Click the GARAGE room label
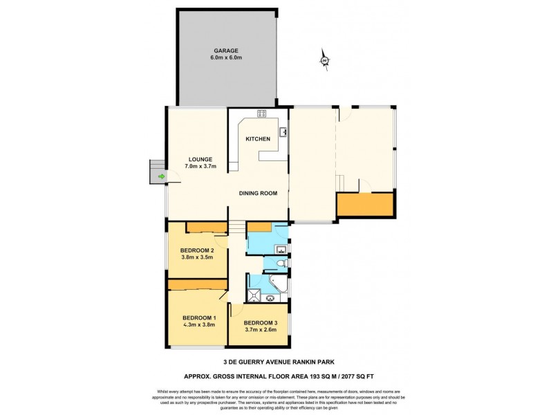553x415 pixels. (226, 50)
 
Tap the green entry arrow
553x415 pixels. (161, 177)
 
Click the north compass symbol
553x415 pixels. (324, 62)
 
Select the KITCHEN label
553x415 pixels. (258, 139)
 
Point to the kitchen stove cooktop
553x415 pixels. (262, 113)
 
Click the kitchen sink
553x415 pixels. (283, 131)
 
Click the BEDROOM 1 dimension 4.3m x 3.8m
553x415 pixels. (194, 324)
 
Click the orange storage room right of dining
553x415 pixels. (364, 205)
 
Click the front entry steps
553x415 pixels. (157, 172)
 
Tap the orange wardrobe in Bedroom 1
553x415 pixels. (198, 284)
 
